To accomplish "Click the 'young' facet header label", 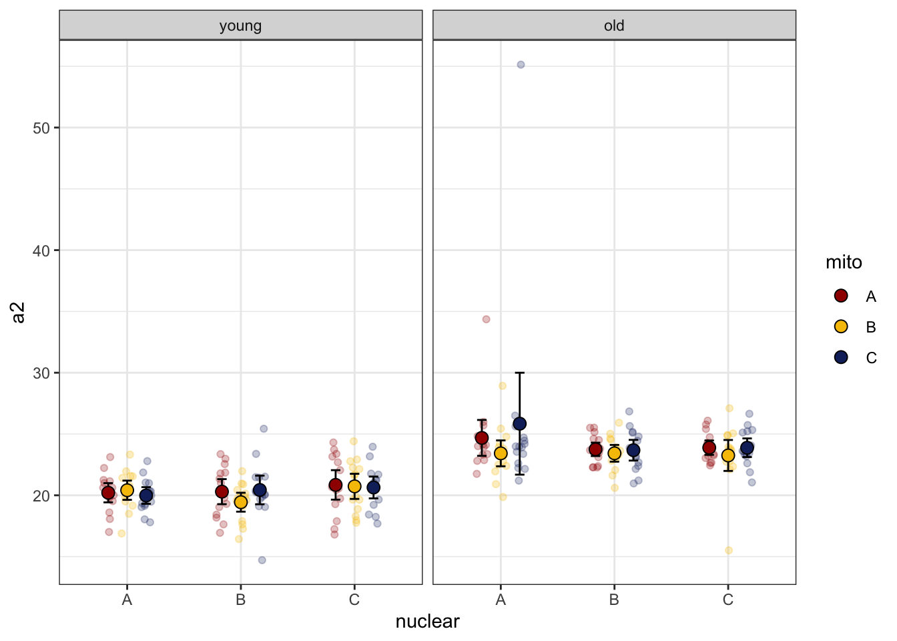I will pos(240,26).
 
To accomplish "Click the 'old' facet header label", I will pos(614,26).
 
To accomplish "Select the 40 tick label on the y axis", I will pos(41,251).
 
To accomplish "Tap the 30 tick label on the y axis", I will pos(41,373).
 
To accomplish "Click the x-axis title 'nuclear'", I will pos(427,622).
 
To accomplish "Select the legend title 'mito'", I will pos(844,262).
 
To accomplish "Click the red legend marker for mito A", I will pos(841,296).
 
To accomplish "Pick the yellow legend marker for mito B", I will pos(841,327).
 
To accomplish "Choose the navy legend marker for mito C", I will pos(841,357).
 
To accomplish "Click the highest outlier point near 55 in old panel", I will pos(521,65).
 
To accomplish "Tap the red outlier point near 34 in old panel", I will pos(486,319).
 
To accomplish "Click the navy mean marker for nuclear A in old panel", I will pos(519,424).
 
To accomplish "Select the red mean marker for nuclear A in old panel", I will pos(482,438).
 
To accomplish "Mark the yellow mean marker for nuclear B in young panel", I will pos(240,502).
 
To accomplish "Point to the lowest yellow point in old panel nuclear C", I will pos(729,550).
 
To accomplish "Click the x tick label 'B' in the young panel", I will pos(240,600).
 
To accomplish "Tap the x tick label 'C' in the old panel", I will pos(728,600).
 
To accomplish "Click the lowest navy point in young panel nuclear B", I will pos(262,560).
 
